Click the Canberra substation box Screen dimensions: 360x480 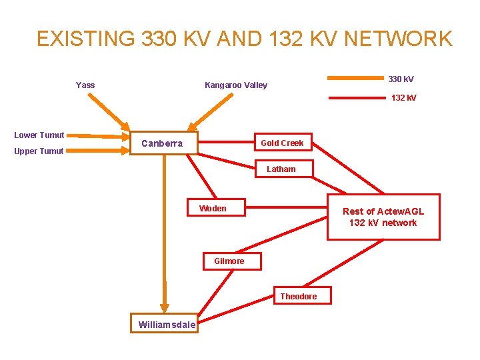click(x=162, y=143)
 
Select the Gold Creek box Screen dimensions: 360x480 click(x=282, y=143)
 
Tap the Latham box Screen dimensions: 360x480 click(x=281, y=169)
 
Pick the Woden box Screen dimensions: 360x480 click(x=213, y=209)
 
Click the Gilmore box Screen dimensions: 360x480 click(x=229, y=261)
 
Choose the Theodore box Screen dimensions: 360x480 click(x=299, y=296)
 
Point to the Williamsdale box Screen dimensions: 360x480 click(x=167, y=325)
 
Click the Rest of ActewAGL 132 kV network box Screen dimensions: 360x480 click(x=383, y=217)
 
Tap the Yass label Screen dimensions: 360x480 click(x=85, y=85)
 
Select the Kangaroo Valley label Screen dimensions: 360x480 click(x=235, y=85)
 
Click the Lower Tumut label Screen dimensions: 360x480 click(x=39, y=135)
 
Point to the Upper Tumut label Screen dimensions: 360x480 click(x=39, y=151)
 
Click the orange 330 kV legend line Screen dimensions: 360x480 click(x=355, y=79)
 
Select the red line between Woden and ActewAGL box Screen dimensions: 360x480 click(x=287, y=209)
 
